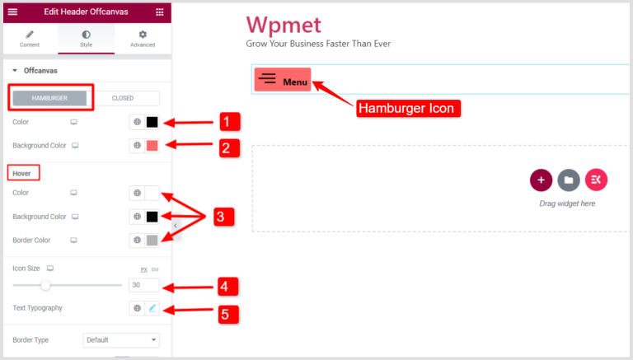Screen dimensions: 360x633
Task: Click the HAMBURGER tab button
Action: pos(49,98)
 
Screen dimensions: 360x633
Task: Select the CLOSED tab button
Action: pos(123,98)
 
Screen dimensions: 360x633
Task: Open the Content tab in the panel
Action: pos(30,39)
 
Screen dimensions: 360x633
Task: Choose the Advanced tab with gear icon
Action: pos(143,39)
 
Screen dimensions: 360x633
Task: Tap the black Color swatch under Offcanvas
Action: pos(152,122)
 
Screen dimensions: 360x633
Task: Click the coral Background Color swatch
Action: pos(152,146)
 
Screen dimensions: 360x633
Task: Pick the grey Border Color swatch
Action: pos(152,241)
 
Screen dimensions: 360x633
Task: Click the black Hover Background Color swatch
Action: pos(152,217)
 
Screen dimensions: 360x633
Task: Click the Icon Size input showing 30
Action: pos(144,285)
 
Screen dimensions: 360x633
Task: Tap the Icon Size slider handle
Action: pos(45,285)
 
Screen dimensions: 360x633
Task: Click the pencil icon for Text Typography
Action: pos(152,308)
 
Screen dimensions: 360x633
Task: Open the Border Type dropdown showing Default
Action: pos(121,339)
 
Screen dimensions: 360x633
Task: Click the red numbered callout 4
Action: pos(228,288)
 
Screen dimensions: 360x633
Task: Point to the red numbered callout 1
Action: pos(228,123)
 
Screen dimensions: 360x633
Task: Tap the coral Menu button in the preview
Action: pos(283,79)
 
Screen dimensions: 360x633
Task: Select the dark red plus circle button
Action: pos(541,180)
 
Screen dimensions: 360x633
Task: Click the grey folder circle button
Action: pos(568,180)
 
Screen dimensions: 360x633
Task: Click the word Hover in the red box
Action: pos(23,173)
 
